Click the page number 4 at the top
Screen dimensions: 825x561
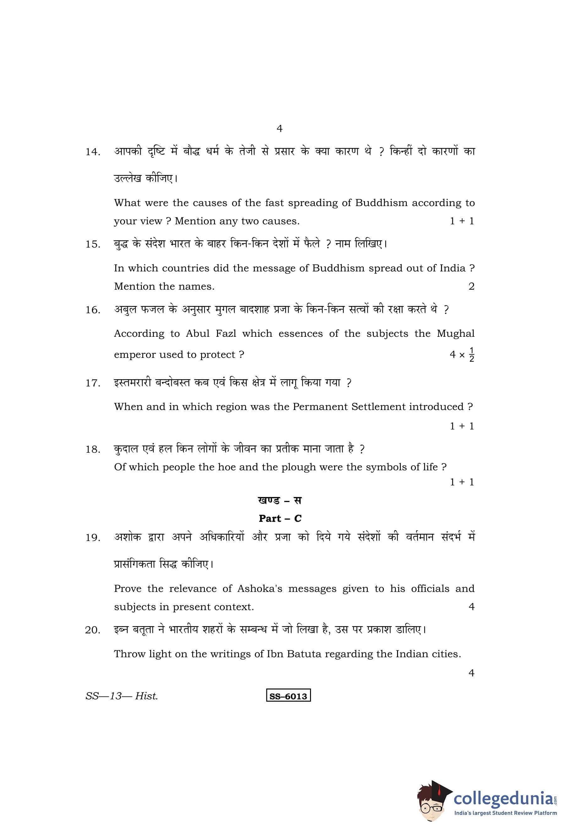[279, 128]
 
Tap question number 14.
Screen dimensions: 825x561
[93, 152]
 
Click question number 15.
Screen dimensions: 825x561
[93, 245]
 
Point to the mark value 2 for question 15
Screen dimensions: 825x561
[471, 287]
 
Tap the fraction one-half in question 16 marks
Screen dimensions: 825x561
[471, 355]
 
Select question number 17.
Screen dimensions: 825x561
[93, 383]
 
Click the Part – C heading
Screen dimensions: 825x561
[280, 519]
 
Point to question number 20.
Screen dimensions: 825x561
[93, 631]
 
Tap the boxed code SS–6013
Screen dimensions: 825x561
[288, 696]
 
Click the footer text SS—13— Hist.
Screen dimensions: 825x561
[122, 696]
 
